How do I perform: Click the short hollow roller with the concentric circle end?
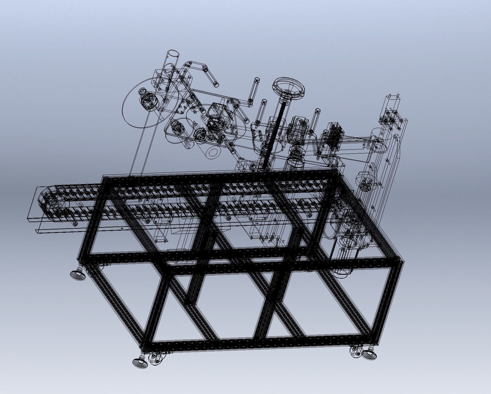[x=212, y=153]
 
